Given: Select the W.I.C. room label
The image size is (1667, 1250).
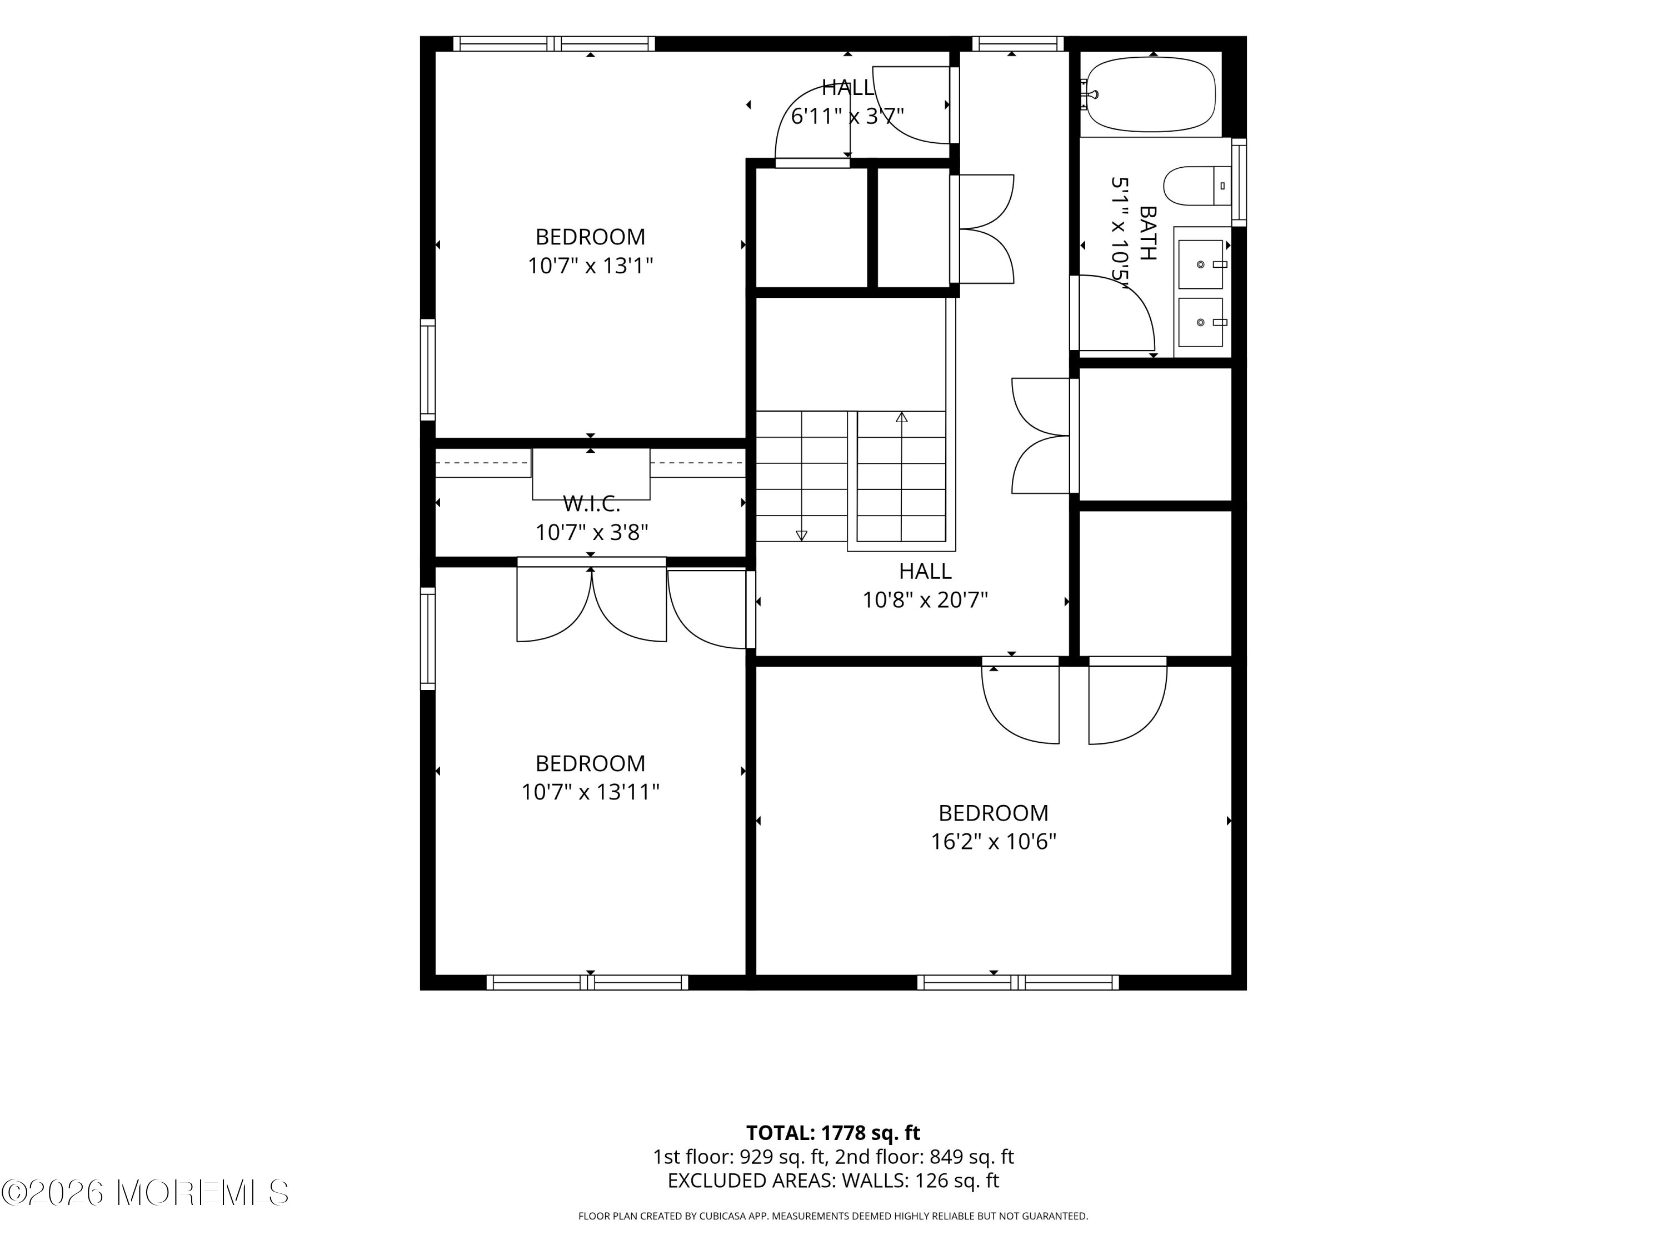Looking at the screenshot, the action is (592, 503).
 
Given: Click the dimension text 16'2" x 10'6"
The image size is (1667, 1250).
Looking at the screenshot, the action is (994, 842).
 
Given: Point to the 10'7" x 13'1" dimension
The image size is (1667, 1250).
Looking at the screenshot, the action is (590, 266).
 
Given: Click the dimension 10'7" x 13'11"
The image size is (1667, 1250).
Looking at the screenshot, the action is (590, 792).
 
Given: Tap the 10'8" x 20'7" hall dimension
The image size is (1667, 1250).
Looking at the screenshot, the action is (925, 600).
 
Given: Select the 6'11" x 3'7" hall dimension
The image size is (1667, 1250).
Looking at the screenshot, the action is (847, 116).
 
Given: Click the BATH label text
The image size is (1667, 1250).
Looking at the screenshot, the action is (1147, 233).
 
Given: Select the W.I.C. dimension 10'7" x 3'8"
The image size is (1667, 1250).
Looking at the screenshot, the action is (592, 533).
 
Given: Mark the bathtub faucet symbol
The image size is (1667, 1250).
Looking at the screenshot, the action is (1090, 95).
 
